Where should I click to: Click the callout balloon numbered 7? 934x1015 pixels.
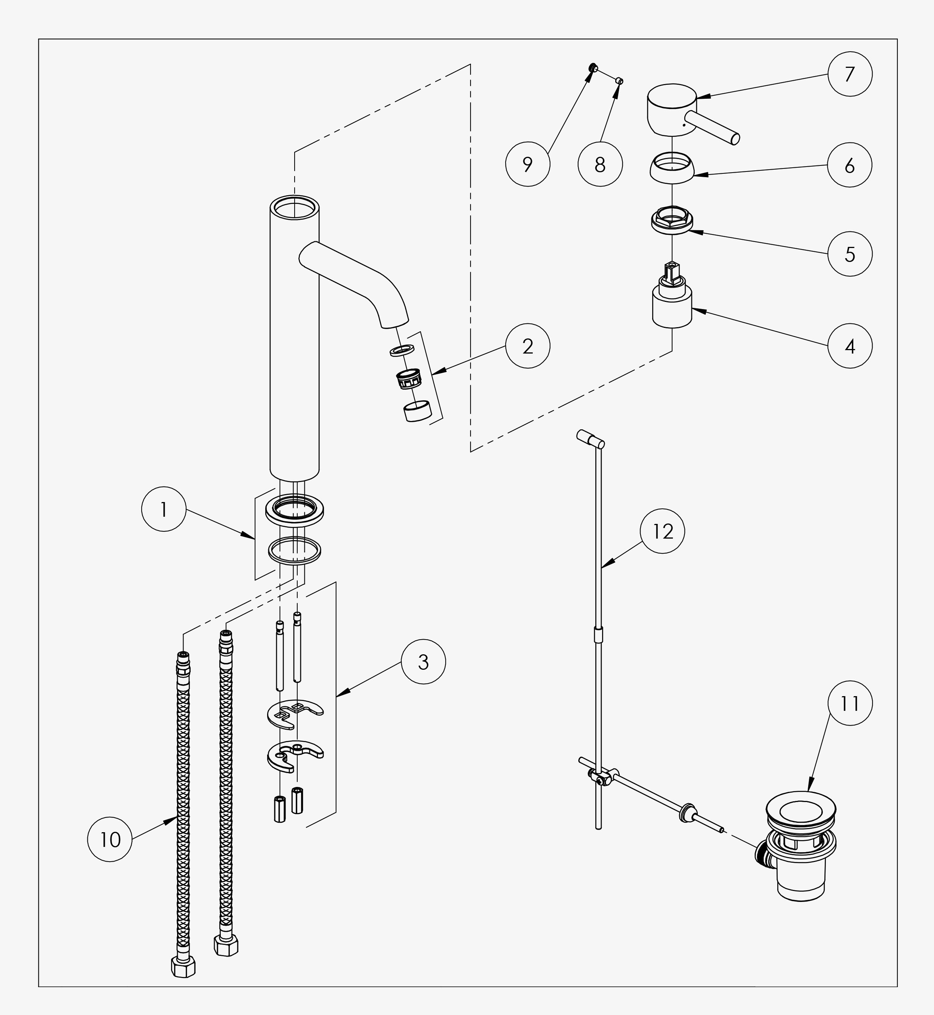click(850, 74)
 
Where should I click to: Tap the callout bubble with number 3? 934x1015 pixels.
click(423, 662)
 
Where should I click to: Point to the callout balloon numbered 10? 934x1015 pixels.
click(110, 840)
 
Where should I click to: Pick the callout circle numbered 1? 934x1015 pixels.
click(164, 509)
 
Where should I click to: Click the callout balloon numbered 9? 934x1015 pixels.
click(527, 164)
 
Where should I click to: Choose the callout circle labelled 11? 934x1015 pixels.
click(850, 703)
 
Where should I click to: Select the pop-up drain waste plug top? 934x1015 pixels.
click(801, 812)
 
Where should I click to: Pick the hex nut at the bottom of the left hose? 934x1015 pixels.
click(183, 966)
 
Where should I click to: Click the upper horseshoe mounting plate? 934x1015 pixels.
click(295, 714)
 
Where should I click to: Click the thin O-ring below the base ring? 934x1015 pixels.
click(295, 550)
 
